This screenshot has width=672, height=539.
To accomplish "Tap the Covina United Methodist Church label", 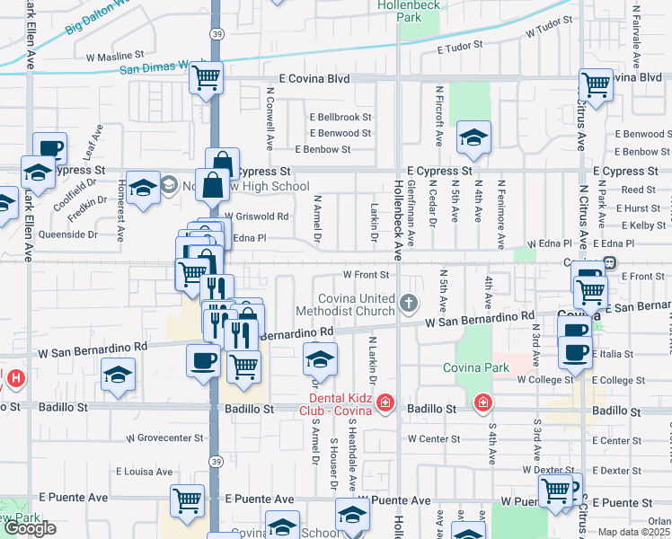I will point(358,305).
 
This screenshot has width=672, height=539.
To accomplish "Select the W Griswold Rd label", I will point(256,216).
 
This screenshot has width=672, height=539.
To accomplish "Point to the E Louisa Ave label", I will point(145,471).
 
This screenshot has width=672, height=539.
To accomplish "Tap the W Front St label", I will point(367,274).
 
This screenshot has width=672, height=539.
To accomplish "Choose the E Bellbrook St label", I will point(340,117).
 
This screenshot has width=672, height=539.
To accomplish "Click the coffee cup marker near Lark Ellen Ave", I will point(50,148).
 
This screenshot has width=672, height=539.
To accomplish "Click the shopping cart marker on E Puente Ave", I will point(187,500).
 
